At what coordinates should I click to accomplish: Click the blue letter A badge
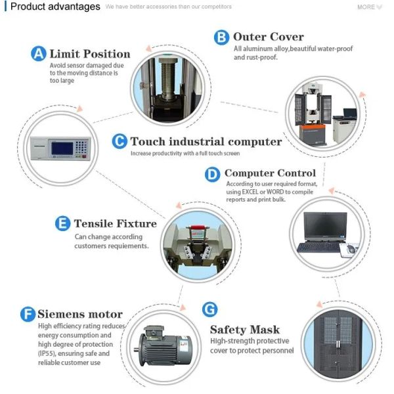39,54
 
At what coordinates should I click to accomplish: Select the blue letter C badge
119,141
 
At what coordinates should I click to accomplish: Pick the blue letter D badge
213,174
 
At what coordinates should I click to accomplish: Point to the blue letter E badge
62,224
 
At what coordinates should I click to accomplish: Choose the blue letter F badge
28,315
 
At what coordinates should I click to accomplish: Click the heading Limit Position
90,54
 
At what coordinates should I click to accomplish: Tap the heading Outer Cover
268,37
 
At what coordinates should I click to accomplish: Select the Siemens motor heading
80,314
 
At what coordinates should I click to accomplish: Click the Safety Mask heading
245,329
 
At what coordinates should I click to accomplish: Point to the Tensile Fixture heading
115,223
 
